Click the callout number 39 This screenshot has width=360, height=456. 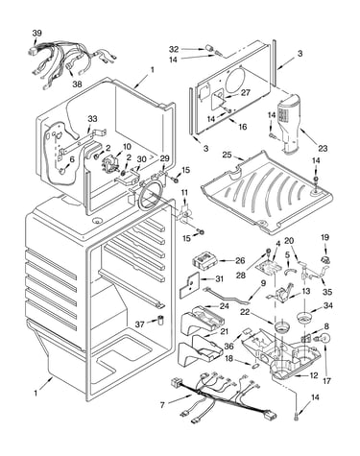[x=36, y=34]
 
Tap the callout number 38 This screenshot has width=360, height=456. [x=77, y=84]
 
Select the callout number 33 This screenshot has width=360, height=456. [x=92, y=119]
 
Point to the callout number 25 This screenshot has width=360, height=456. [x=227, y=155]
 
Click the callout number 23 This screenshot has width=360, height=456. [x=323, y=148]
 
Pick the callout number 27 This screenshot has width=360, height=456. [x=246, y=92]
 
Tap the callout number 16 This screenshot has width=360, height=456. [x=243, y=127]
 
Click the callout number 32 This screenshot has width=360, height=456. [x=174, y=49]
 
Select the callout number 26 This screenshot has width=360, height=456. [x=240, y=260]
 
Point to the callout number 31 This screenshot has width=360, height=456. [x=219, y=279]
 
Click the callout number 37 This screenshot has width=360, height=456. [x=139, y=324]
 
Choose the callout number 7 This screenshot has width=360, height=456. [x=162, y=405]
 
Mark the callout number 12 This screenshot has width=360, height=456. [x=314, y=375]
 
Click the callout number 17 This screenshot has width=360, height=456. [x=326, y=381]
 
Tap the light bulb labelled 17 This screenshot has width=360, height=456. [x=324, y=339]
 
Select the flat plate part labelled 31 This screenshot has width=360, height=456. [x=189, y=283]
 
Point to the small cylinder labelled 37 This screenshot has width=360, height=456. [x=160, y=321]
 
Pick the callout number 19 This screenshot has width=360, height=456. [x=324, y=237]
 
